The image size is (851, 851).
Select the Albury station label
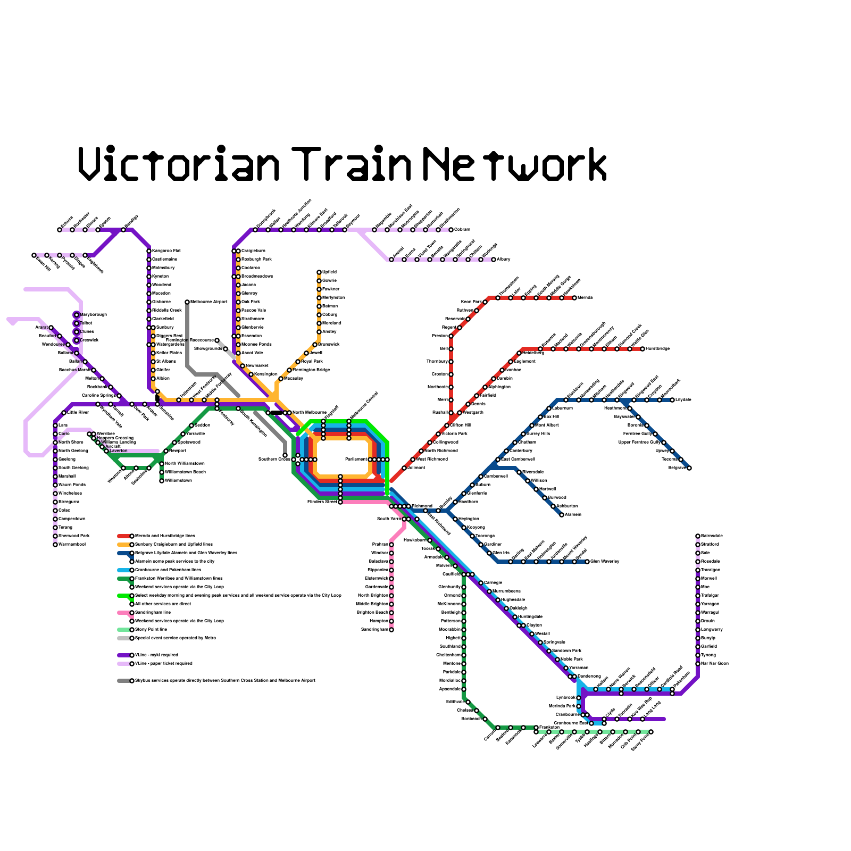tap(504, 260)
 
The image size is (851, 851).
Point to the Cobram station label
tap(462, 230)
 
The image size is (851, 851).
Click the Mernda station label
tap(585, 297)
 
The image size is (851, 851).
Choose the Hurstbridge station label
tap(657, 348)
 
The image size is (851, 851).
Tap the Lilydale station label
tap(683, 399)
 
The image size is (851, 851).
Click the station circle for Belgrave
tap(689, 468)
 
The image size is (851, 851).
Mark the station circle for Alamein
tap(562, 515)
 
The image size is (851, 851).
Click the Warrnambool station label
tap(72, 544)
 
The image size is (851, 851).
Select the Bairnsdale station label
tap(712, 536)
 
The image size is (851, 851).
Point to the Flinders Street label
tap(322, 502)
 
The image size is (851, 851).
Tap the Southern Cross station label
tap(274, 459)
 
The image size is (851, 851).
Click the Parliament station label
tap(356, 459)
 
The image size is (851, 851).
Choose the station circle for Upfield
tap(319, 272)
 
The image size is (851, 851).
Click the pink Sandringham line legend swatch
tap(123, 613)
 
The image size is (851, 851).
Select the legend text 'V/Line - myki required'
tap(156, 655)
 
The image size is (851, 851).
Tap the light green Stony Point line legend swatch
tap(123, 630)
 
